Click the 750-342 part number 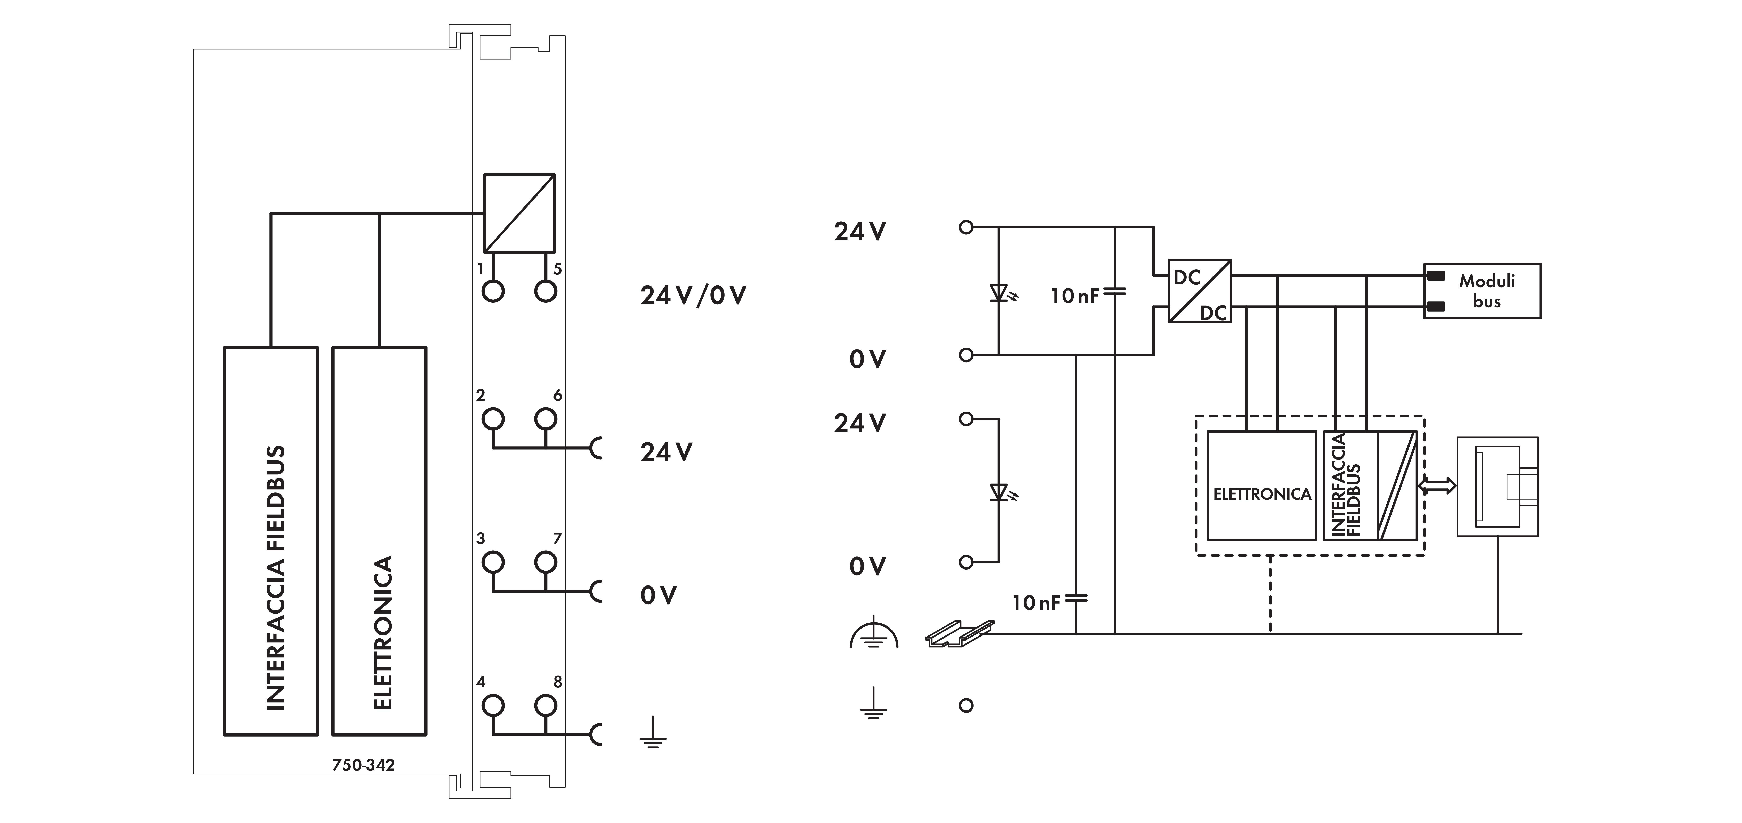(x=363, y=765)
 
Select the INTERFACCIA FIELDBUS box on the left (x=270, y=541)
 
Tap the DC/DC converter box (x=1200, y=291)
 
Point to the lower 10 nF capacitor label (x=1035, y=602)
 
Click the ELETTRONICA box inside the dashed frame (x=1261, y=485)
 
